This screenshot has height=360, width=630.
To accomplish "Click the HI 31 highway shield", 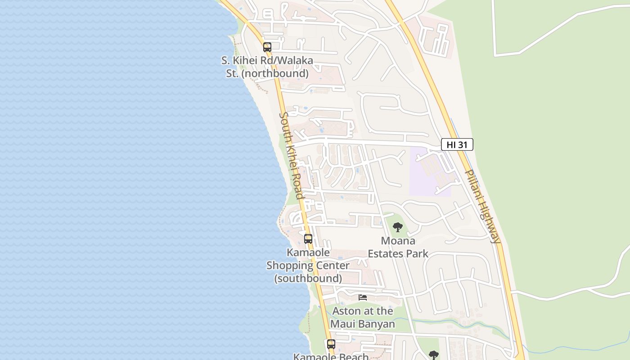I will pyautogui.click(x=457, y=144).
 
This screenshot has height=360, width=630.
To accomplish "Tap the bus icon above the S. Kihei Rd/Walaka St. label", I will pyautogui.click(x=267, y=47).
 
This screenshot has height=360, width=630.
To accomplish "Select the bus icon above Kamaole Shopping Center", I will pyautogui.click(x=308, y=238).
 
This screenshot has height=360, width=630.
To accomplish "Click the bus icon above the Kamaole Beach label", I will pyautogui.click(x=331, y=344).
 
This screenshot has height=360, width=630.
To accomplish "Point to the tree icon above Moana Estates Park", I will pyautogui.click(x=397, y=227).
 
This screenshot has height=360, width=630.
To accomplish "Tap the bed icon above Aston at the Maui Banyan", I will pyautogui.click(x=363, y=297).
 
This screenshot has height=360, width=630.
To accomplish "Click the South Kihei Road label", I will pyautogui.click(x=291, y=155).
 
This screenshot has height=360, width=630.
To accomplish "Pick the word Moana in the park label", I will pyautogui.click(x=398, y=241).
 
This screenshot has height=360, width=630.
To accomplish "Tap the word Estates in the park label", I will pyautogui.click(x=385, y=254).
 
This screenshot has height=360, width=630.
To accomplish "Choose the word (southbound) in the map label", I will pyautogui.click(x=308, y=279).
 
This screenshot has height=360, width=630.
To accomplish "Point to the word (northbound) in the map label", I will pyautogui.click(x=274, y=73).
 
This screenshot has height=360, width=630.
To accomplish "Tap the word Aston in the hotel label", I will pyautogui.click(x=347, y=311).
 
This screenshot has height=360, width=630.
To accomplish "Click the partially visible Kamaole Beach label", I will pyautogui.click(x=331, y=356).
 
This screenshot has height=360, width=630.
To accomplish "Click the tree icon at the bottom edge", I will pyautogui.click(x=433, y=355).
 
